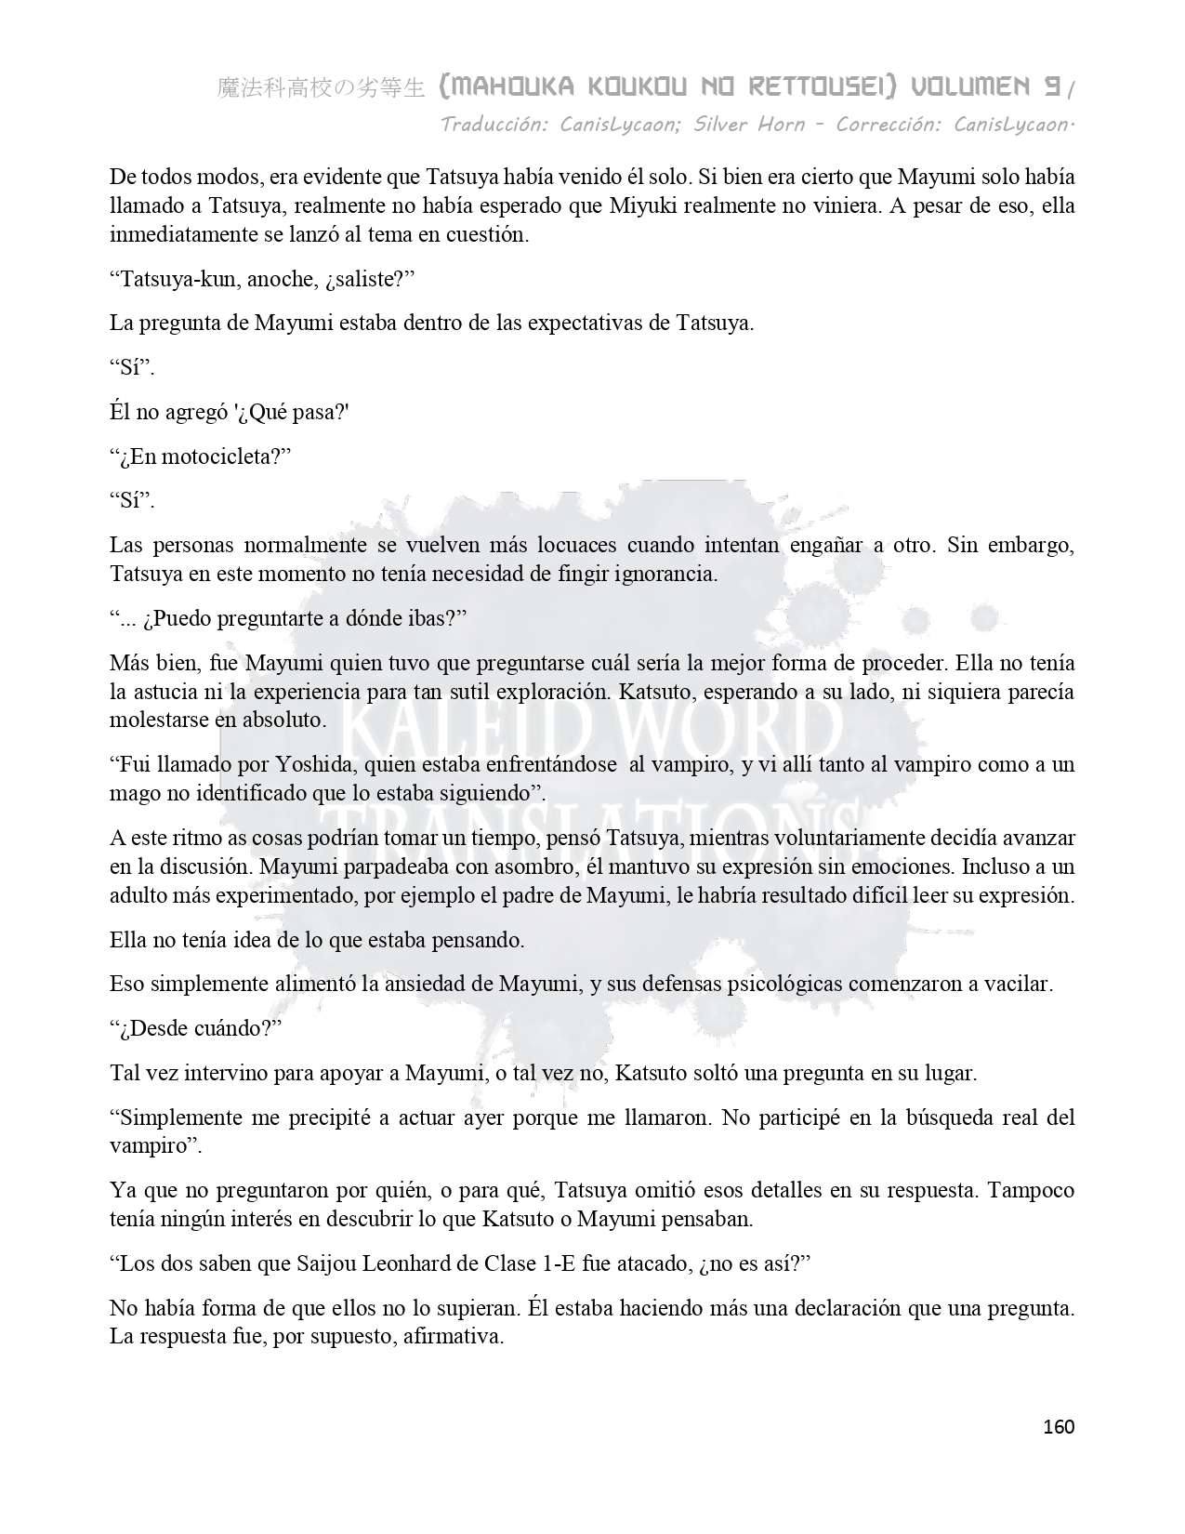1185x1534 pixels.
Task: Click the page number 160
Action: [x=1059, y=1426]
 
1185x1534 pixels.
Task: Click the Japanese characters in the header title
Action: [x=321, y=89]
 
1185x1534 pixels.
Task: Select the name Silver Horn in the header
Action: [x=749, y=124]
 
